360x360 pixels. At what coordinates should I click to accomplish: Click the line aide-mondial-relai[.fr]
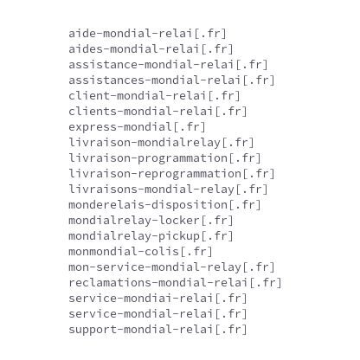tap(147, 34)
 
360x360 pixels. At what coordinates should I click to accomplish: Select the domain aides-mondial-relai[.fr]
tap(151, 49)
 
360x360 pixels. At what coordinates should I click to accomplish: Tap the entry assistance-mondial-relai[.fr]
tap(168, 65)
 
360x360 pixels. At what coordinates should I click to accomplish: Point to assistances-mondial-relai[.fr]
tap(171, 80)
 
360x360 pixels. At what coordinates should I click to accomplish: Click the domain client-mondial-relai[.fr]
tap(154, 96)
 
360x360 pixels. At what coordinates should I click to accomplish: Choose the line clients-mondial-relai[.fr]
tap(157, 112)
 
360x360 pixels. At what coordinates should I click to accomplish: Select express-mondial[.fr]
tap(137, 127)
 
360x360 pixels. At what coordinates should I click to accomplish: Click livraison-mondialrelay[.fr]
tap(161, 143)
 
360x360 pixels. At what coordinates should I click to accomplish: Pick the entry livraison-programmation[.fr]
tap(164, 158)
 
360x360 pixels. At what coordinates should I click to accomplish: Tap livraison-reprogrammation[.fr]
tap(171, 174)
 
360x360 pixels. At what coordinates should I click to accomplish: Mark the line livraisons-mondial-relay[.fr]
tap(168, 190)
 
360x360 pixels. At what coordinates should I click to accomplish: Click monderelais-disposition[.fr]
tap(164, 205)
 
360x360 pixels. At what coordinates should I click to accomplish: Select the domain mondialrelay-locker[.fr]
tap(151, 221)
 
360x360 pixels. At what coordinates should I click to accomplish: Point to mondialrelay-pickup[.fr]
tap(151, 236)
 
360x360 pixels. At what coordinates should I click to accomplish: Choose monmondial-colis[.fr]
tap(140, 252)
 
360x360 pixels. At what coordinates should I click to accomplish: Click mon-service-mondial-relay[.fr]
tap(171, 267)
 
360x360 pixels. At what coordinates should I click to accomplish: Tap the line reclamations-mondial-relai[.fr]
tap(175, 283)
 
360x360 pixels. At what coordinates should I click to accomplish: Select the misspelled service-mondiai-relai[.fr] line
tap(157, 299)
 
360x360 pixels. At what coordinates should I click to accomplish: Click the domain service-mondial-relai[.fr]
tap(157, 314)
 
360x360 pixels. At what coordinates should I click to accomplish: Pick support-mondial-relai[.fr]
tap(157, 330)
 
